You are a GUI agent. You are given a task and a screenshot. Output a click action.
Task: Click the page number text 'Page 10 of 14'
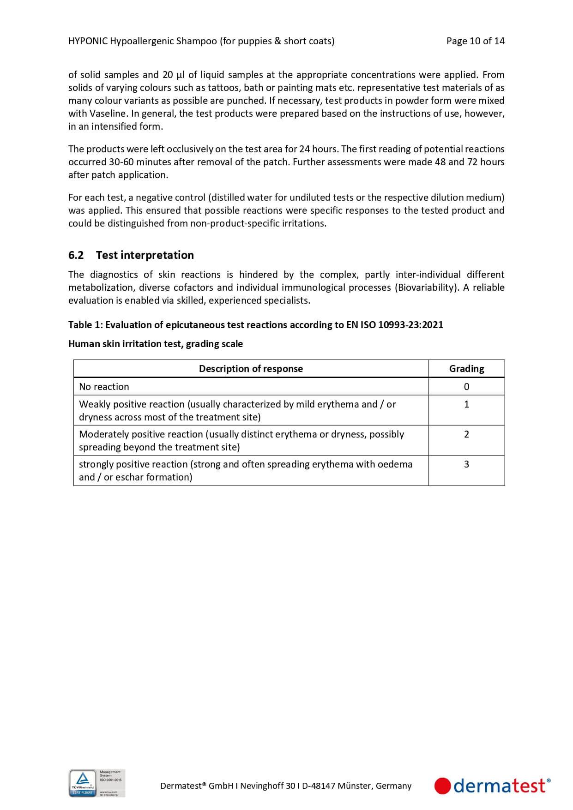(475, 41)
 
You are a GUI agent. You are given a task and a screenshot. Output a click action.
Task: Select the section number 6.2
(76, 255)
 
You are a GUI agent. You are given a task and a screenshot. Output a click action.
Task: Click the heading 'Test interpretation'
(145, 255)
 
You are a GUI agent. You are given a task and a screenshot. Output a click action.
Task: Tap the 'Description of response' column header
(251, 369)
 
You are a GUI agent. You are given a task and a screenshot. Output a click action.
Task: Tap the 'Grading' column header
(466, 369)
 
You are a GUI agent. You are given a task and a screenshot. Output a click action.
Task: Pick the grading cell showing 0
(466, 387)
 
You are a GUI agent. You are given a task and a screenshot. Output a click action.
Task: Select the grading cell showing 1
(466, 404)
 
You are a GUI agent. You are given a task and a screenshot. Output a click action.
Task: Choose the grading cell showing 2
(466, 434)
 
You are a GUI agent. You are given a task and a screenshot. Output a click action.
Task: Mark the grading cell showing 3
(466, 464)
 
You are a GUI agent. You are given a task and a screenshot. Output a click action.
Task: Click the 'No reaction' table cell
(104, 387)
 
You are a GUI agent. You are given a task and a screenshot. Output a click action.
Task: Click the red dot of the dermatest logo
(442, 786)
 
